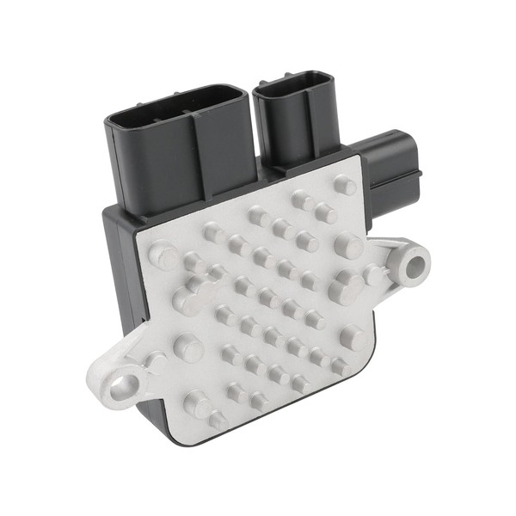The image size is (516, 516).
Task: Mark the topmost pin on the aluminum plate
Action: [x=344, y=185]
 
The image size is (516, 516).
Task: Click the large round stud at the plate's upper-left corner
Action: [x=162, y=255]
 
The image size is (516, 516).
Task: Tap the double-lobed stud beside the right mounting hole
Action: [x=347, y=286]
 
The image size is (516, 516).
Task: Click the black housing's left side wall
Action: [x=120, y=275]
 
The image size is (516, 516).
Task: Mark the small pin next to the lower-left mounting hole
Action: [x=156, y=361]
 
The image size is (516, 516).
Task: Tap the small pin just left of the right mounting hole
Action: [x=374, y=274]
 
